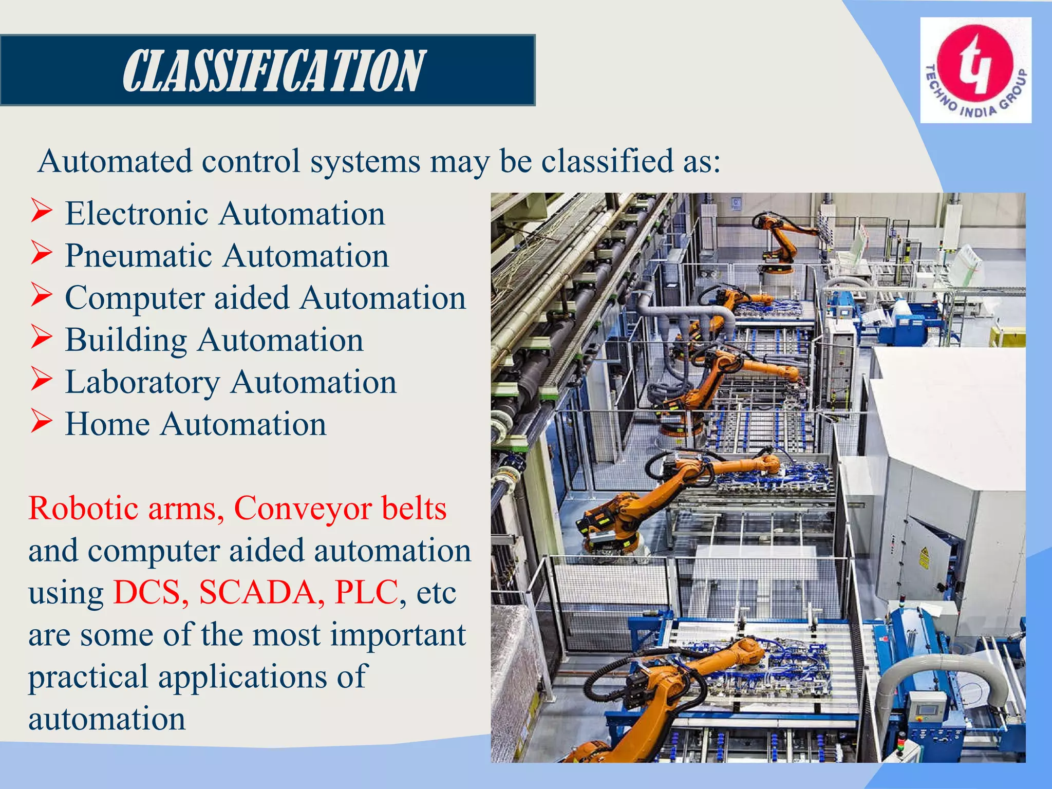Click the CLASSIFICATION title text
click(x=274, y=71)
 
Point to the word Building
click(x=126, y=340)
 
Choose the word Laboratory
click(x=142, y=383)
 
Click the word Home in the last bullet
click(x=107, y=424)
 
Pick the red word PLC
click(x=366, y=592)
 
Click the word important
click(x=398, y=635)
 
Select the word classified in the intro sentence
click(x=608, y=161)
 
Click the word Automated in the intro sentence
click(x=115, y=161)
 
